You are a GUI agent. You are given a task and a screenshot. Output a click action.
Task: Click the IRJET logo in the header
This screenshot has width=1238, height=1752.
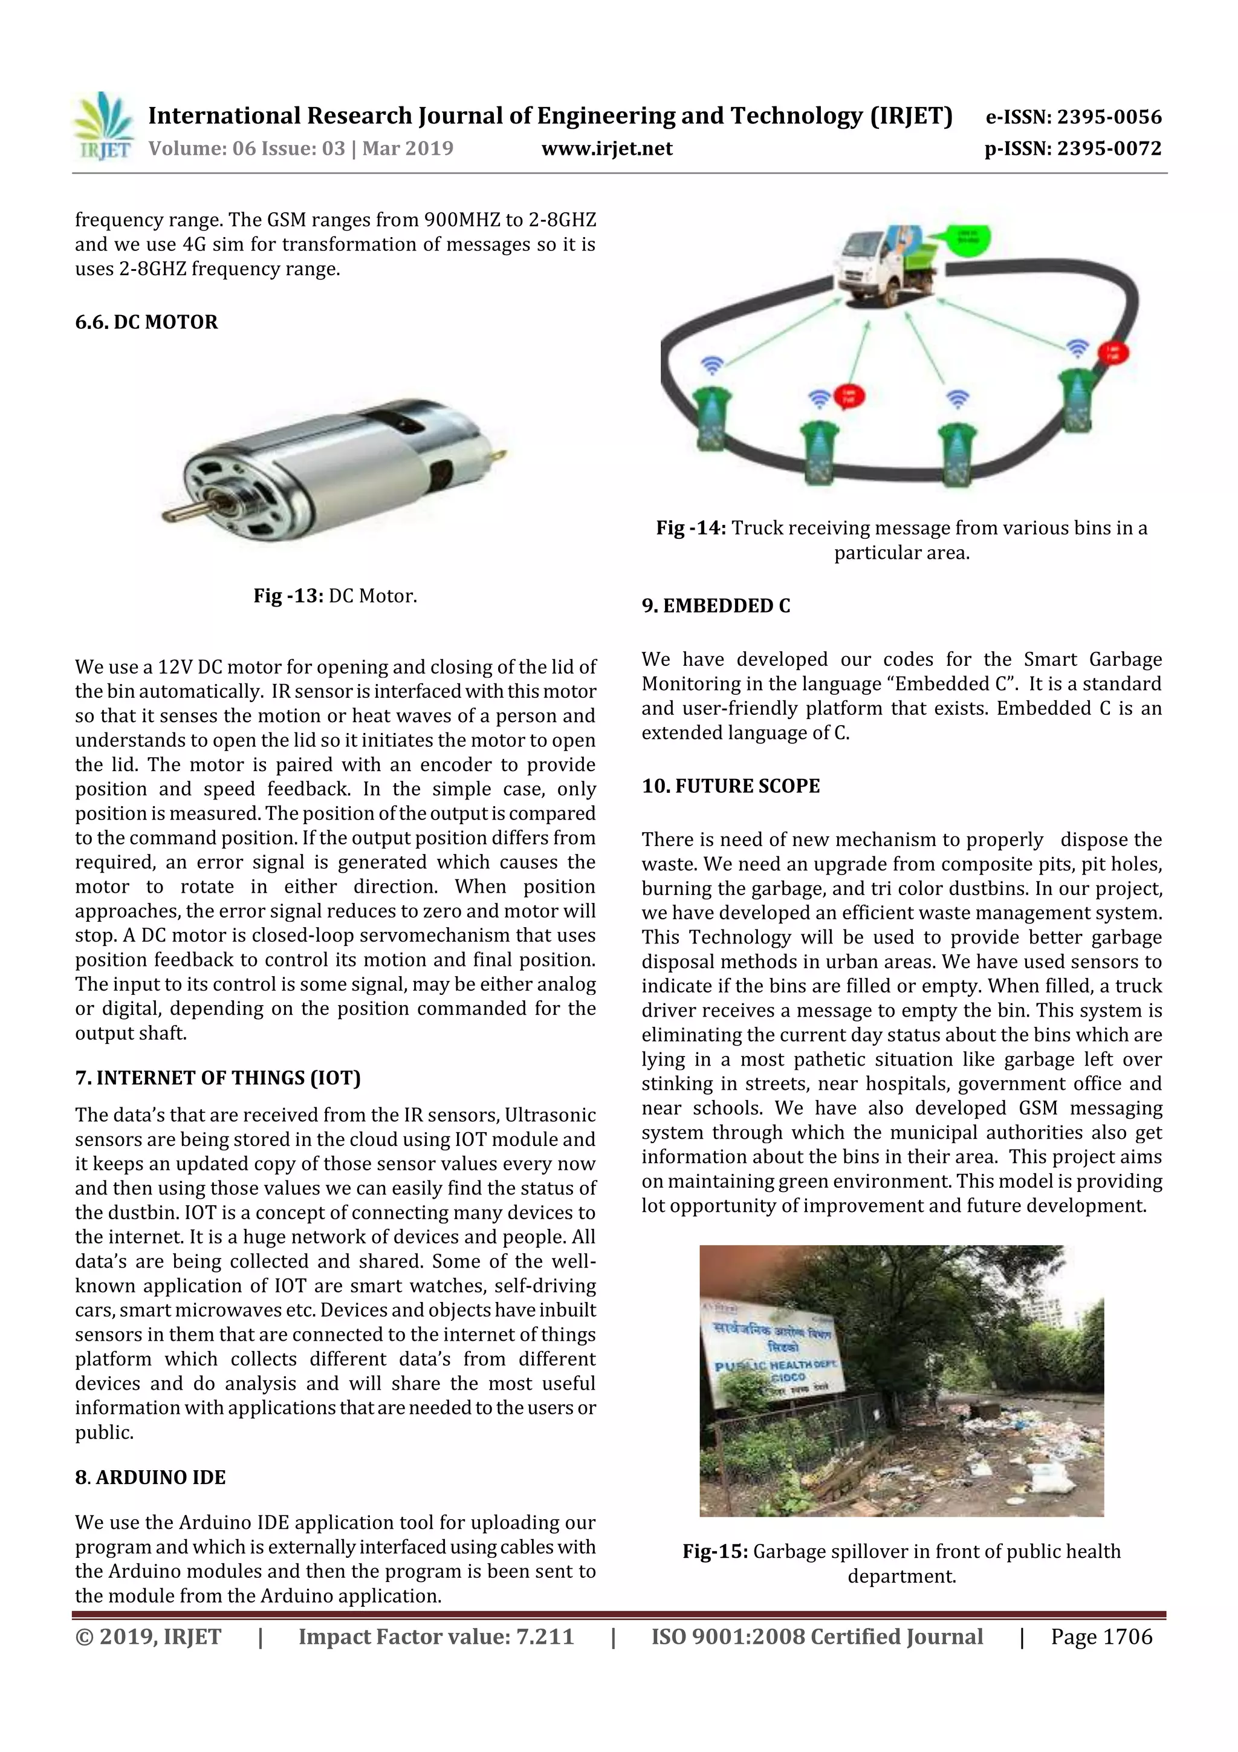(102, 126)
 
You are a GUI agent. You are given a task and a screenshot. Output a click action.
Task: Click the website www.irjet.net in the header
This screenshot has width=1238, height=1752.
(607, 149)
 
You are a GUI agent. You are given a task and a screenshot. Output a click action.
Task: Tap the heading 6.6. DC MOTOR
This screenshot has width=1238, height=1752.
(146, 322)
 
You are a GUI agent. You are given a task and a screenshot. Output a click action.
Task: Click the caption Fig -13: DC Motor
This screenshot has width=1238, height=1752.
(335, 596)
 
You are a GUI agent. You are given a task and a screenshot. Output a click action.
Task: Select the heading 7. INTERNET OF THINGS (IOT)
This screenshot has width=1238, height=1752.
(218, 1078)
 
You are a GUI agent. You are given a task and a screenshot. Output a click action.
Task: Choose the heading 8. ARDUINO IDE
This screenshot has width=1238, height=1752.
(151, 1477)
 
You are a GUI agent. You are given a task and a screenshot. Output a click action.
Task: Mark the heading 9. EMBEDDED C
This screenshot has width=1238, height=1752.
(716, 606)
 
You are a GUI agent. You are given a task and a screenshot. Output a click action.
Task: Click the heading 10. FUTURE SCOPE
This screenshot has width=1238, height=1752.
(731, 786)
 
